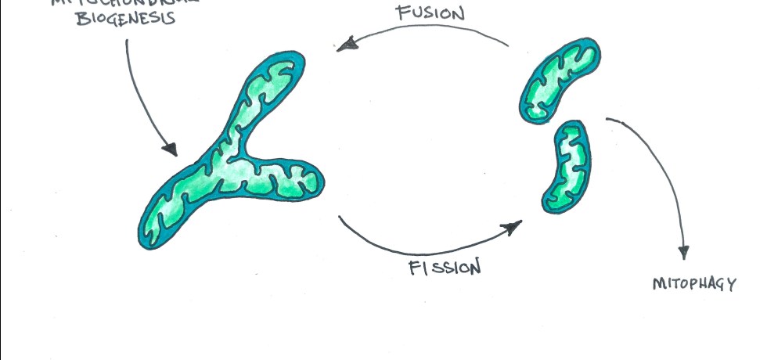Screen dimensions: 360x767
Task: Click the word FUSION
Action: (x=430, y=13)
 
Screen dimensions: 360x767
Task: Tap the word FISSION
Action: (x=443, y=268)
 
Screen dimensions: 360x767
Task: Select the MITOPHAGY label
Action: (x=694, y=284)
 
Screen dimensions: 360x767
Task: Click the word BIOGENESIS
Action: (x=125, y=18)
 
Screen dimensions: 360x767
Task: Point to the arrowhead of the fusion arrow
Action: (x=344, y=46)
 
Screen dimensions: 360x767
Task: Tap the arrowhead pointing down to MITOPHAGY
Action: (x=683, y=252)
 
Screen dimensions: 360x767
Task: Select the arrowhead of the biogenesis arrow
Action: (x=169, y=149)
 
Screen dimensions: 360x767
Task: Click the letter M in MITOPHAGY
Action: (x=658, y=284)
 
